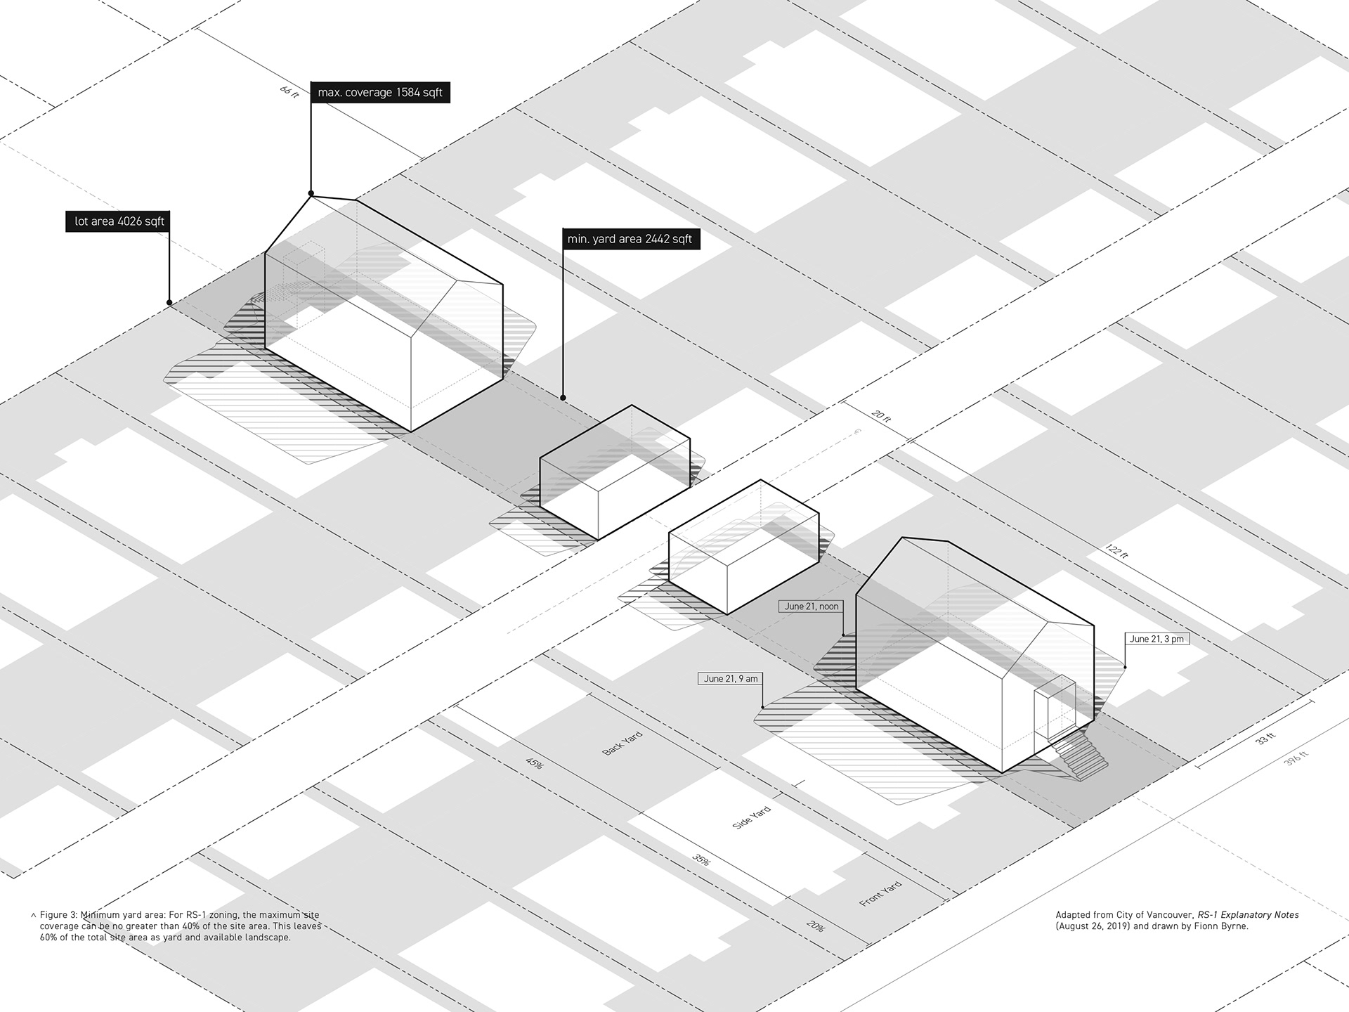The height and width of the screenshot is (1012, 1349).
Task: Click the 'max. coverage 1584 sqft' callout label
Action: (x=380, y=92)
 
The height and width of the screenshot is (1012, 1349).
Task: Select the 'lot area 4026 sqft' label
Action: (x=119, y=221)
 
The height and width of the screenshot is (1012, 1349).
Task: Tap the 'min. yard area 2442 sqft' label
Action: (x=630, y=239)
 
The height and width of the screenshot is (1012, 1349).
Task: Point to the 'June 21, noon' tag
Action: (x=812, y=606)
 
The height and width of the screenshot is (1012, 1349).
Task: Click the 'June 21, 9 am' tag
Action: (x=731, y=679)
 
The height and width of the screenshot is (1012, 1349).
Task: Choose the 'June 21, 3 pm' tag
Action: (x=1156, y=639)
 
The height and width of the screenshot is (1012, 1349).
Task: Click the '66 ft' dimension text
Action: (x=289, y=91)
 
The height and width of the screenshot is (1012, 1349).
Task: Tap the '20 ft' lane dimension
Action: (x=881, y=417)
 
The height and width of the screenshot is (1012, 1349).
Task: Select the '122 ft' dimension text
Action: (x=1116, y=552)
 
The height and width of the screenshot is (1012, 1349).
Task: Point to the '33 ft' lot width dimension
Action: (x=1265, y=739)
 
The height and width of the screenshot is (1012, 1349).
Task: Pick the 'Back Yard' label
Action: (x=623, y=743)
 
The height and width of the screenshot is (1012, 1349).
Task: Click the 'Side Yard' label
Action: (x=751, y=817)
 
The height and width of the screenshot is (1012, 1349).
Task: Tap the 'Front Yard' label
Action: (x=880, y=893)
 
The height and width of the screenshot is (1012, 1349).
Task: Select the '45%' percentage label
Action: (x=533, y=763)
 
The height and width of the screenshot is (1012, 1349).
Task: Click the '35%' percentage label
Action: (x=700, y=859)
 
